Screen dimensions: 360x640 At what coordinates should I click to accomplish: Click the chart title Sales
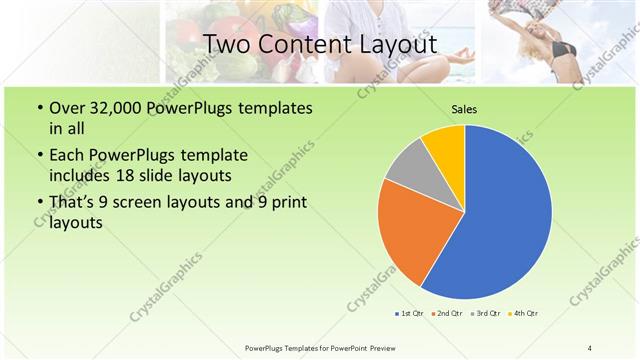point(464,109)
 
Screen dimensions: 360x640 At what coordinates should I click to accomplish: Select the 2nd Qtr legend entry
point(445,314)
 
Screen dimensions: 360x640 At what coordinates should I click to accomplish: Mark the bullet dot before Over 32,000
point(38,109)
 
